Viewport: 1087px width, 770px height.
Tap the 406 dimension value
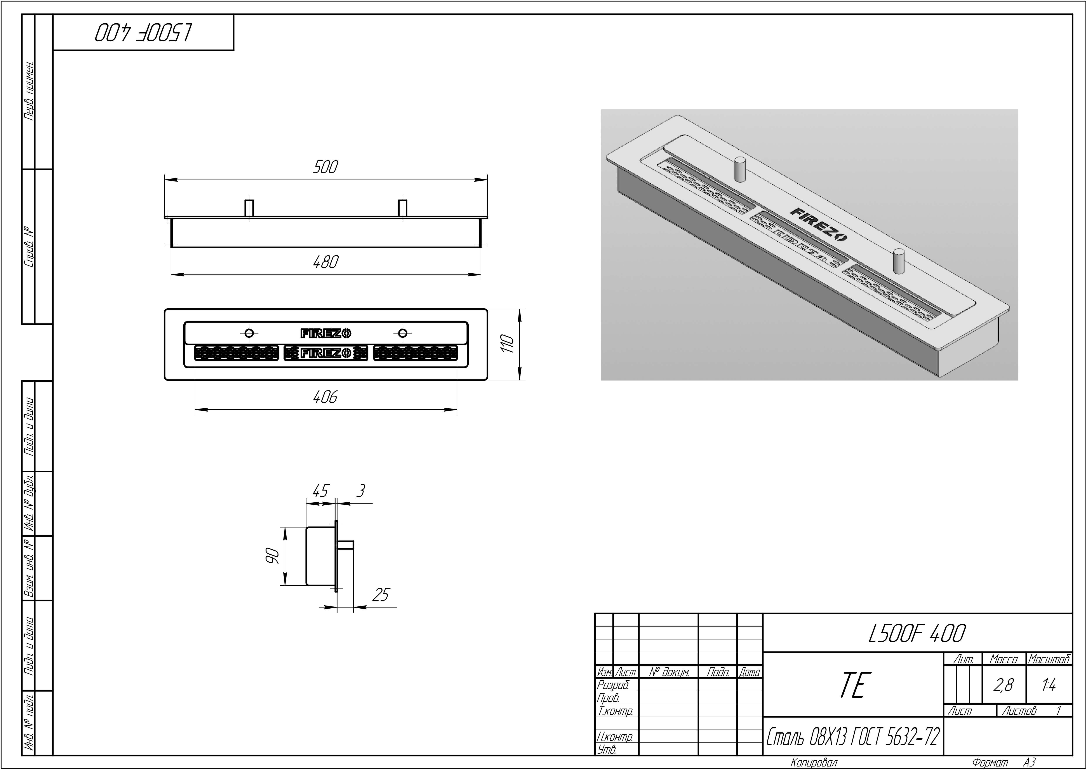tap(325, 397)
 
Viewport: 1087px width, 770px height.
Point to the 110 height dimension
tap(508, 344)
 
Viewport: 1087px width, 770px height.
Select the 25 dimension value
tap(381, 595)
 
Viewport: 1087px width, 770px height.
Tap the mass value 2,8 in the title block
tap(1004, 685)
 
